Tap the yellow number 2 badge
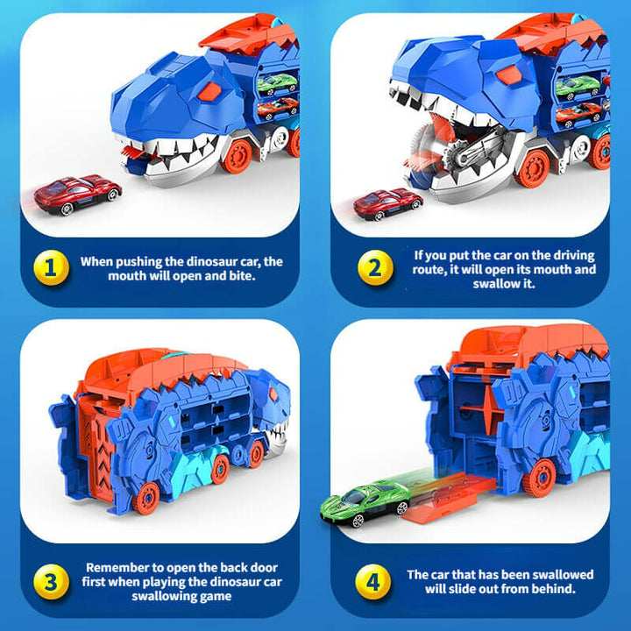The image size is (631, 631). click(375, 268)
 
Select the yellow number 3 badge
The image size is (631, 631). click(50, 582)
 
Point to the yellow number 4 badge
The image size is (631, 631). click(375, 582)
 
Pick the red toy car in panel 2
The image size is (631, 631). click(386, 202)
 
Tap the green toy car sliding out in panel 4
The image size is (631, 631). click(364, 503)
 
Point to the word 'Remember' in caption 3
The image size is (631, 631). click(120, 567)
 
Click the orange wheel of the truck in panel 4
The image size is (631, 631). click(538, 477)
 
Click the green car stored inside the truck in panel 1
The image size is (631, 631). click(278, 83)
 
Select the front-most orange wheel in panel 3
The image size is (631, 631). click(147, 498)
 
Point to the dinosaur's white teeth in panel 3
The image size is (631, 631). click(277, 430)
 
